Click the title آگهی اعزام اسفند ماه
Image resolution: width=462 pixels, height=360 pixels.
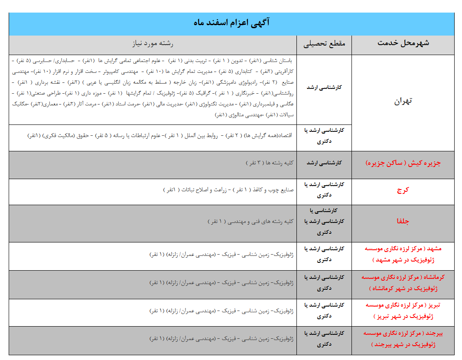[x=231, y=23]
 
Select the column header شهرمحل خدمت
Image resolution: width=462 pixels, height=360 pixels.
[x=403, y=43]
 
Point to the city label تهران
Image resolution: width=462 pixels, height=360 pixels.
[x=403, y=101]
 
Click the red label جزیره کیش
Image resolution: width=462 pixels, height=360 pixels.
[x=403, y=164]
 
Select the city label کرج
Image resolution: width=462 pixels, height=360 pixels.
[x=403, y=190]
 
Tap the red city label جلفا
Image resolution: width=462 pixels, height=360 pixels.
[x=403, y=221]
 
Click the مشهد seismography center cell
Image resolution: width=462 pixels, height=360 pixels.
[x=403, y=255]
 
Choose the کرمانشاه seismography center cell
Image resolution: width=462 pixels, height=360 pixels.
[x=403, y=283]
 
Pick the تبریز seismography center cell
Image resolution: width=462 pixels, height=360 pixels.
[x=403, y=311]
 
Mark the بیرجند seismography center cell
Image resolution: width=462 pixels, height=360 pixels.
[x=403, y=339]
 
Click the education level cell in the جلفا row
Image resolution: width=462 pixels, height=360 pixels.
[x=324, y=221]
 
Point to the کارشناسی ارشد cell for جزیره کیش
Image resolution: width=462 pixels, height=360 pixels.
[x=324, y=163]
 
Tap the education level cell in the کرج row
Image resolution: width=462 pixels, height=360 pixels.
[x=324, y=190]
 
